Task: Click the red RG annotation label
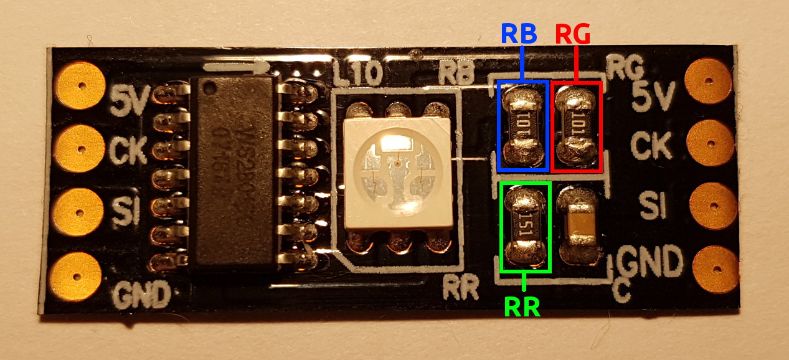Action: click(572, 34)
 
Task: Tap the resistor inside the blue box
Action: click(523, 125)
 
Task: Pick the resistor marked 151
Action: click(526, 228)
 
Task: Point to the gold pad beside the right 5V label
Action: click(707, 80)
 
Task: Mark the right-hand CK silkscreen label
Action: click(651, 146)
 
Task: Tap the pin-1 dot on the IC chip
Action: click(210, 85)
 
